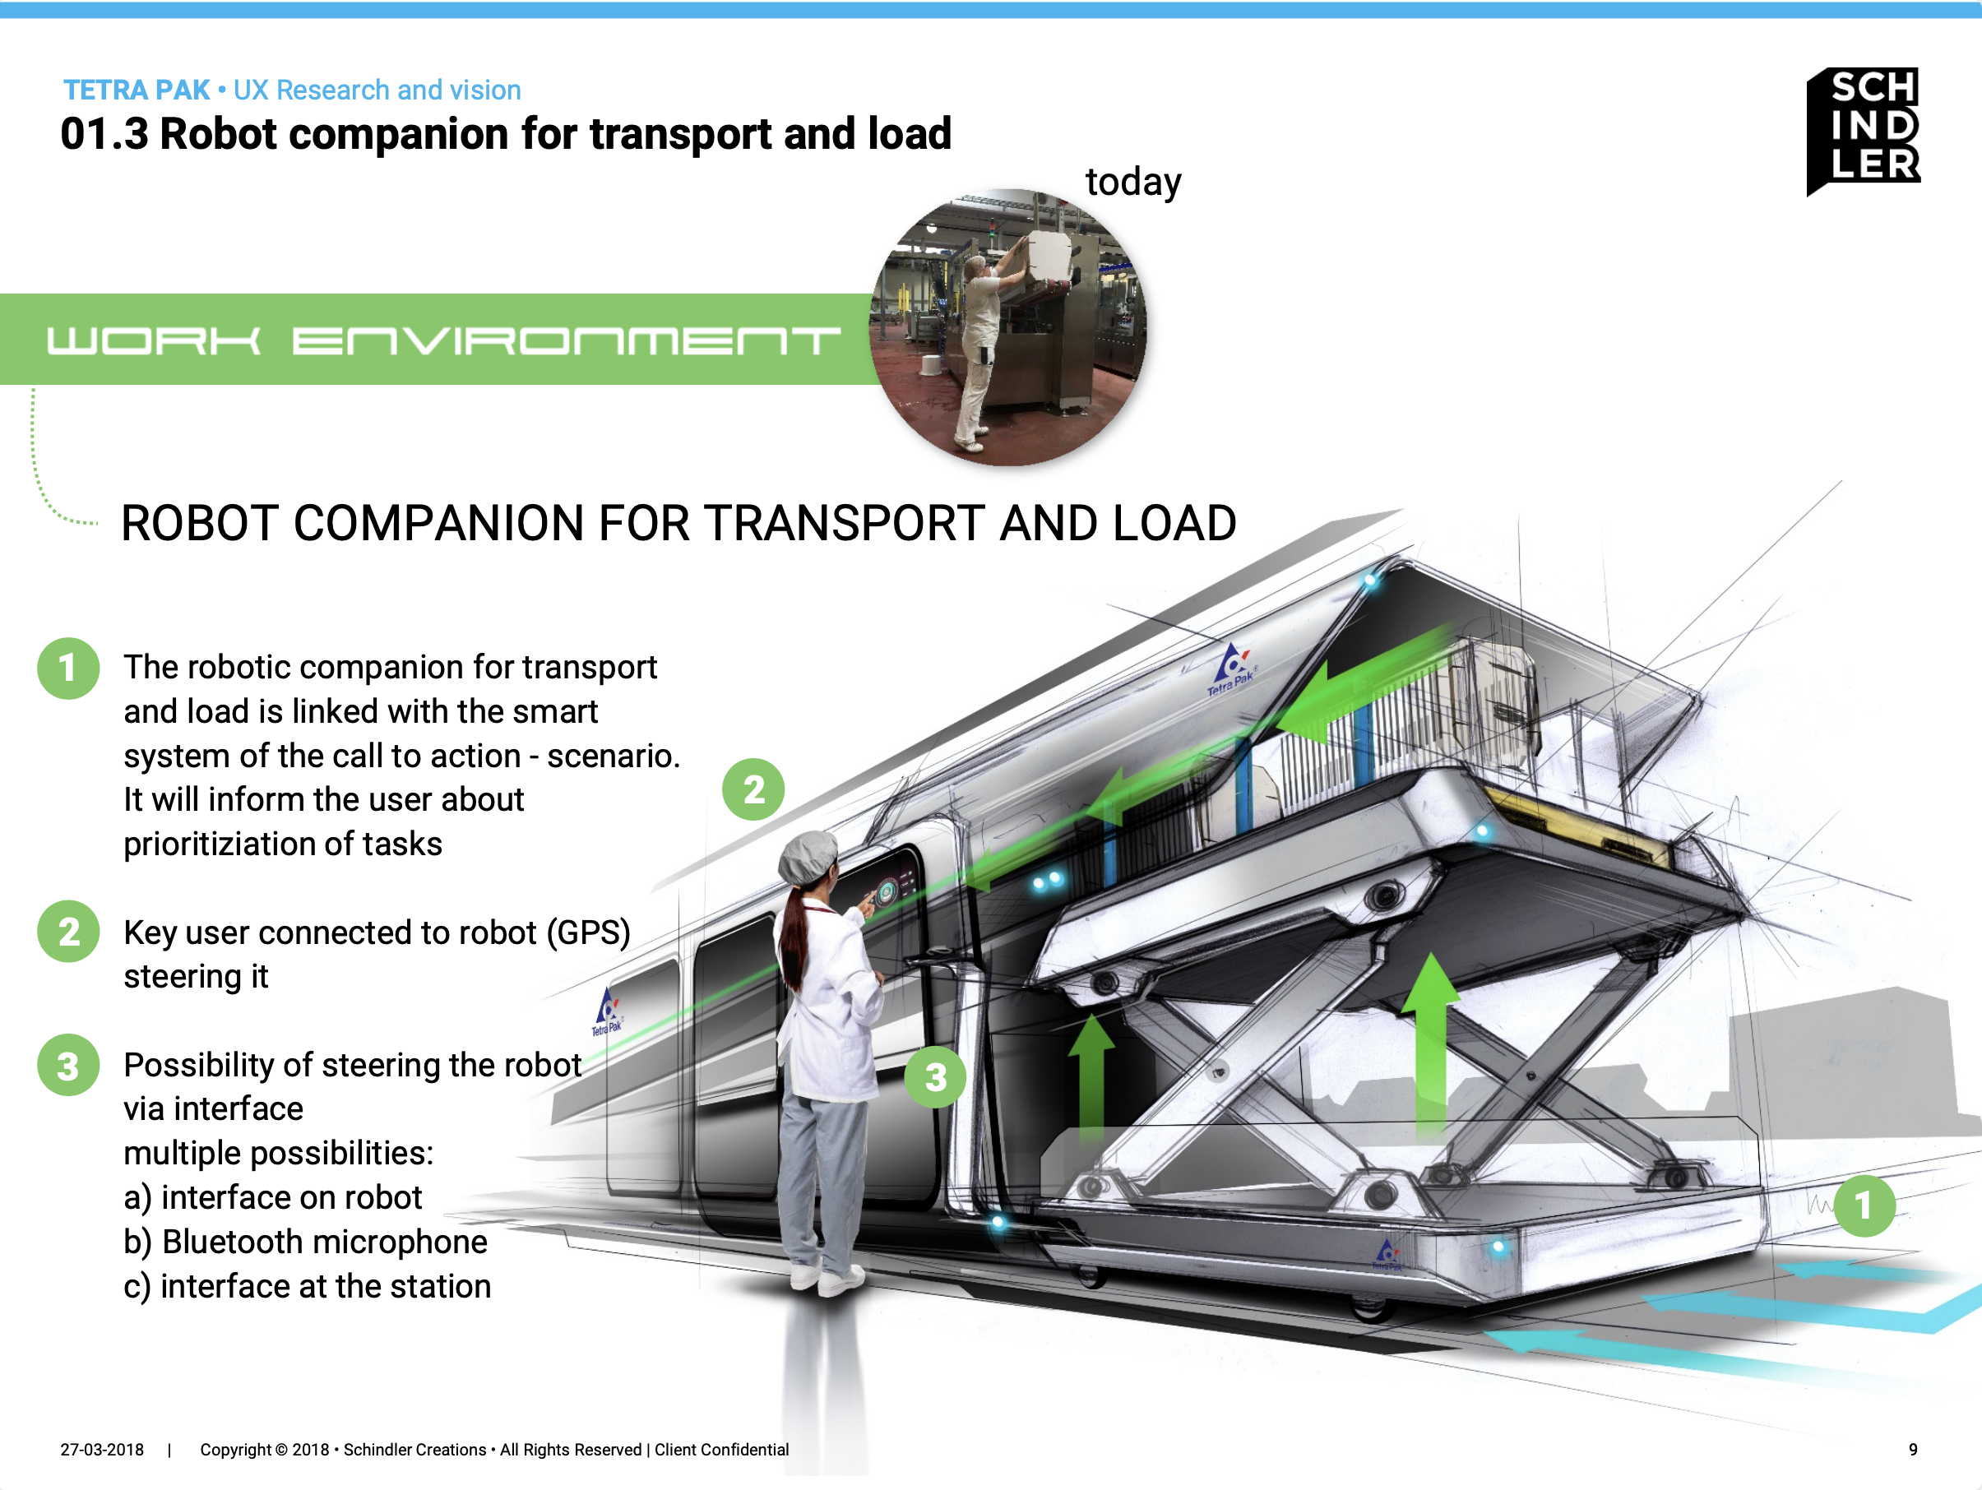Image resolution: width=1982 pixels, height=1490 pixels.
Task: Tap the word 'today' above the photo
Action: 1132,183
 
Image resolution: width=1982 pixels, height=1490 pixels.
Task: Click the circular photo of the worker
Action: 1007,327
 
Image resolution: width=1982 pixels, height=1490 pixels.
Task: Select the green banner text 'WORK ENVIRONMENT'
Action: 442,340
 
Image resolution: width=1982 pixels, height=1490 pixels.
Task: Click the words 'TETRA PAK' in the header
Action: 137,90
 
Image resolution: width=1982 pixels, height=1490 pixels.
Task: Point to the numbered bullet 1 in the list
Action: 68,669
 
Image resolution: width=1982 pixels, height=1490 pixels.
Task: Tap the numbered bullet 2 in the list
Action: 68,932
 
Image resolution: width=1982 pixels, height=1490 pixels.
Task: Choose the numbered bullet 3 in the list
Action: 68,1066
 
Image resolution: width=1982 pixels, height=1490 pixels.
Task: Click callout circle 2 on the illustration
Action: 753,789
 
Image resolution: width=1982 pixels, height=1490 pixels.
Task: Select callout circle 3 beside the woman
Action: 934,1077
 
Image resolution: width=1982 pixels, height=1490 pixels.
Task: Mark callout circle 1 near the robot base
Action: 1864,1205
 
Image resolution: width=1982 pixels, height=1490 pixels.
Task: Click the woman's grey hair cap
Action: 807,856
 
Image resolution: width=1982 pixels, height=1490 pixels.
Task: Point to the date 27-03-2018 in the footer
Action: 102,1450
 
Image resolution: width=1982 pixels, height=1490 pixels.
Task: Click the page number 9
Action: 1913,1450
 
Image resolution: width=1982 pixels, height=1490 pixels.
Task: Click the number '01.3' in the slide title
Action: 104,134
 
